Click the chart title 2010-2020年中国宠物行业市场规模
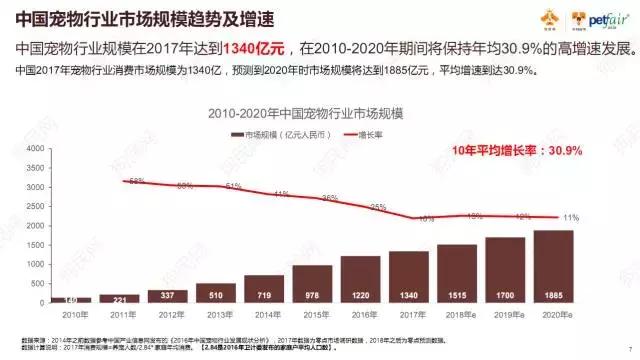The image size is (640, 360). pos(318,113)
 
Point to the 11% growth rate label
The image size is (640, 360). pos(571,217)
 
